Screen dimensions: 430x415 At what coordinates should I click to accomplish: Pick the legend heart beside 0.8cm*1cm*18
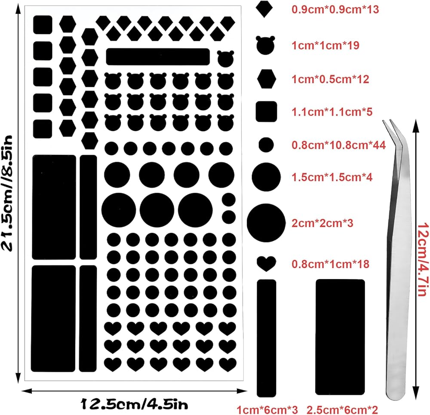[x=266, y=263]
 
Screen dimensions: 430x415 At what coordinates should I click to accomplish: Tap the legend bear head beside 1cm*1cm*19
[x=265, y=45]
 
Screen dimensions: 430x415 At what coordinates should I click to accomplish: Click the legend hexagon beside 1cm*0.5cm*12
[x=266, y=79]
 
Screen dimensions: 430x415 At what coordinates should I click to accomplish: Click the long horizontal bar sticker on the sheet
[x=157, y=56]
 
